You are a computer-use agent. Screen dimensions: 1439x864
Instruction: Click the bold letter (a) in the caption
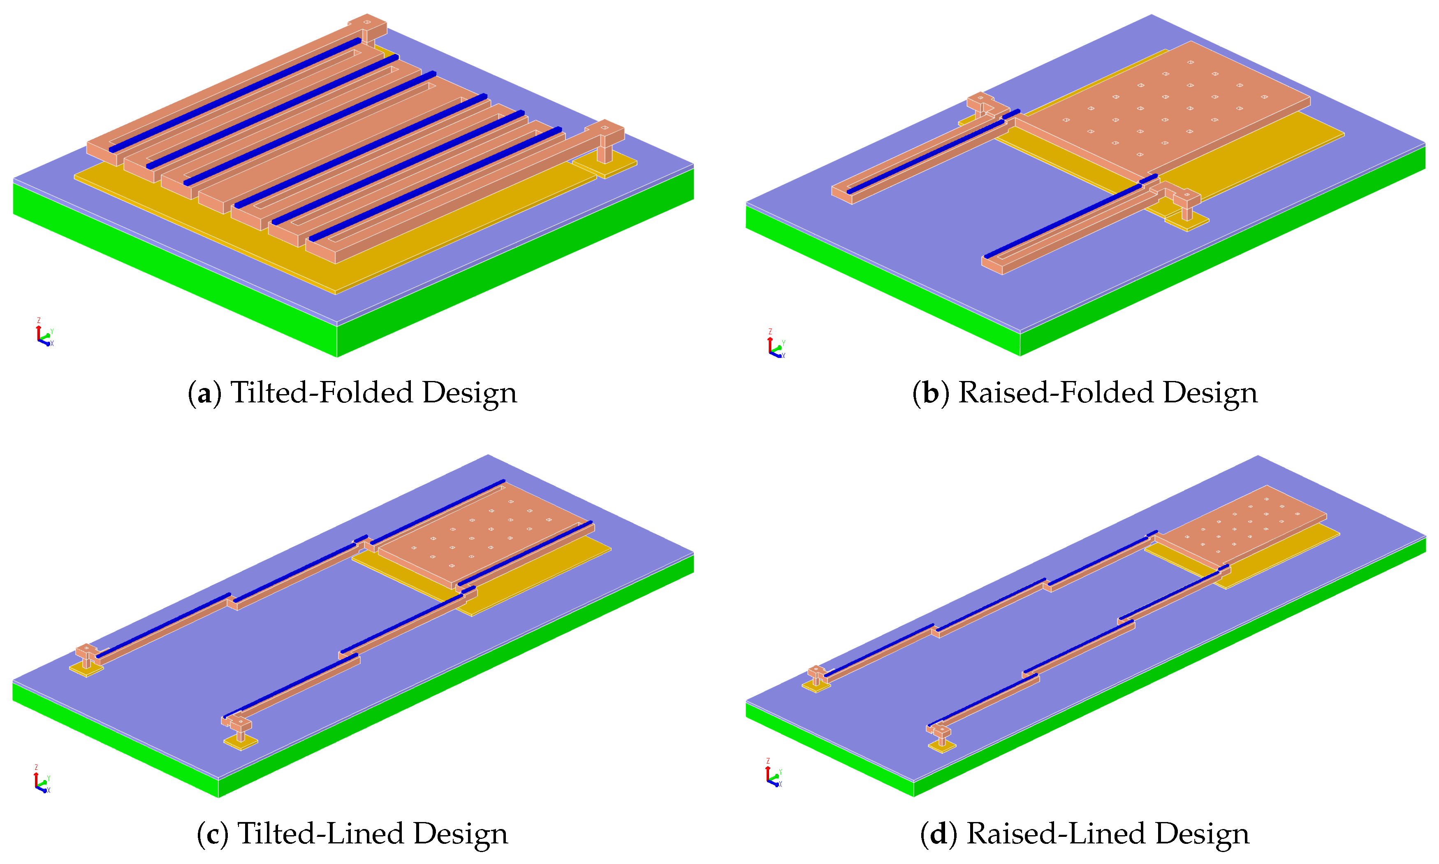(x=204, y=393)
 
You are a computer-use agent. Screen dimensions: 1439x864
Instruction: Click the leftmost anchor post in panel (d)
(x=816, y=676)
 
